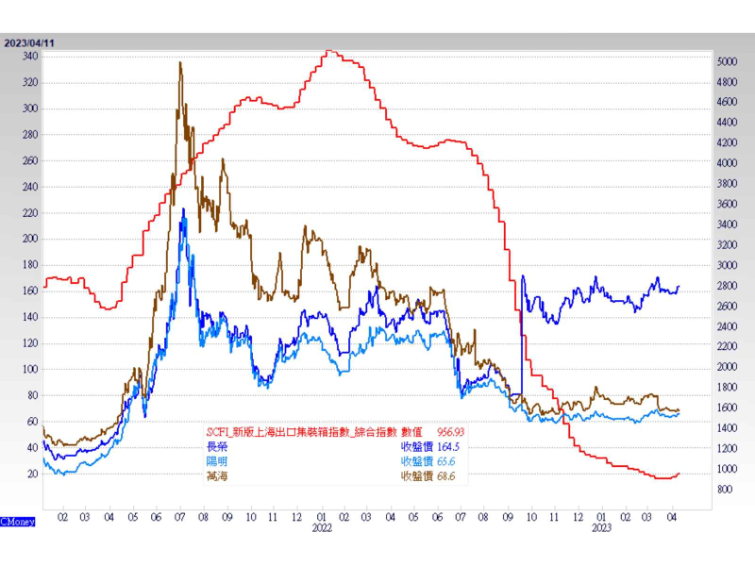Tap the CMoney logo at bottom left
[x=17, y=521]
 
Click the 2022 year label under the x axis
[x=323, y=529]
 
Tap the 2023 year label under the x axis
[x=601, y=529]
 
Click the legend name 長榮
[x=217, y=446]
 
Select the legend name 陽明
[x=217, y=461]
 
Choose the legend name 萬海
[x=217, y=476]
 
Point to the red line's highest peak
[x=327, y=51]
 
